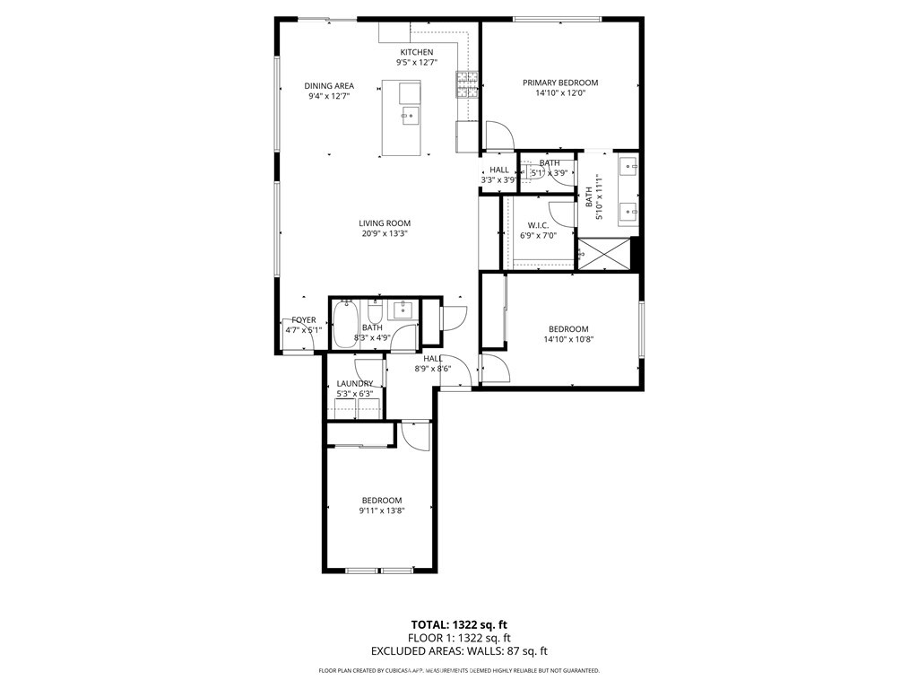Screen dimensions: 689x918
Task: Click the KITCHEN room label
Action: coord(415,52)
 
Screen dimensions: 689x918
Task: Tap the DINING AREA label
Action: coord(328,86)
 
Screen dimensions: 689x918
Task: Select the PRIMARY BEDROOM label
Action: coord(559,83)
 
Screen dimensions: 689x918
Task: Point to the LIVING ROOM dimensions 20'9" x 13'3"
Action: coord(385,235)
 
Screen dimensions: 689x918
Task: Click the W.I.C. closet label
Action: coord(538,225)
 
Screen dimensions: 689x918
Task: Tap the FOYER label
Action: coord(303,320)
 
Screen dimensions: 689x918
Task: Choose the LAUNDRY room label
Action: coord(354,384)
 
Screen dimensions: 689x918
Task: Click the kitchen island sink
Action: coord(409,114)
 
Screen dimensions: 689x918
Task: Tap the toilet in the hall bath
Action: coord(376,313)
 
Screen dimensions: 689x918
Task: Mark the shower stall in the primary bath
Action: coord(602,254)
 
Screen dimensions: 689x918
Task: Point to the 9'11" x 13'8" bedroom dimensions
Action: coord(381,512)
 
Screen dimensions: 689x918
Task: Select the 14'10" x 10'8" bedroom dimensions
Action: coord(568,340)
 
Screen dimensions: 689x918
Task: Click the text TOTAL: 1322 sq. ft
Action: coord(458,624)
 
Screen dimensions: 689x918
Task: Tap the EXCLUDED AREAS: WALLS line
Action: coord(458,652)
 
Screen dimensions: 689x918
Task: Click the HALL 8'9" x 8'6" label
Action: coord(432,363)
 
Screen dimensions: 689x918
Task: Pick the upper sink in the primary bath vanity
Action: coord(628,166)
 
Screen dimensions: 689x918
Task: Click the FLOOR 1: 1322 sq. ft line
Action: coord(458,639)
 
